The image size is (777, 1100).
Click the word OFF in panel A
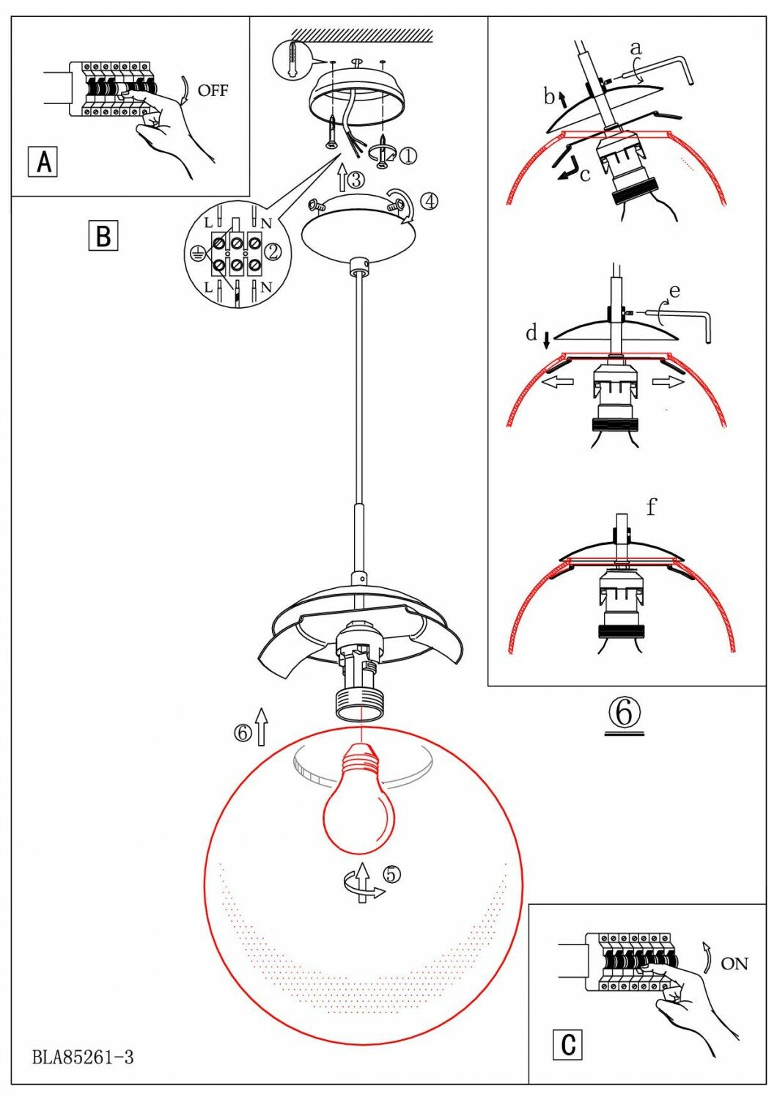(x=213, y=90)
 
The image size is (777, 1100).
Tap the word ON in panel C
(x=734, y=963)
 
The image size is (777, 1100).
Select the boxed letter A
(x=43, y=161)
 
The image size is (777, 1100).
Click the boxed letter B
(x=103, y=236)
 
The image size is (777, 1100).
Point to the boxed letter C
(x=567, y=1044)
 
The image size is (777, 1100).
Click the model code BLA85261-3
(x=83, y=1057)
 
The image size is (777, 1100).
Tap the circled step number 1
(x=408, y=155)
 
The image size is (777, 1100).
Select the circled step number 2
(x=273, y=252)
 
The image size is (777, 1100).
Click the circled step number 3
(x=356, y=180)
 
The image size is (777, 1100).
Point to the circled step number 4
(x=430, y=199)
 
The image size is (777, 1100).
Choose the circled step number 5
(x=392, y=874)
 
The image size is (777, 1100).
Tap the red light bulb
(x=359, y=807)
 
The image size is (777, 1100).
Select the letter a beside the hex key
(x=636, y=48)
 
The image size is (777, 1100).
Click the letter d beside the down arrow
(x=532, y=334)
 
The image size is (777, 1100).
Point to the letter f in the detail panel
(x=651, y=506)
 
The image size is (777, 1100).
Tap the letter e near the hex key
(x=674, y=291)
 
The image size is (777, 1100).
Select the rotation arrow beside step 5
(x=361, y=884)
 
